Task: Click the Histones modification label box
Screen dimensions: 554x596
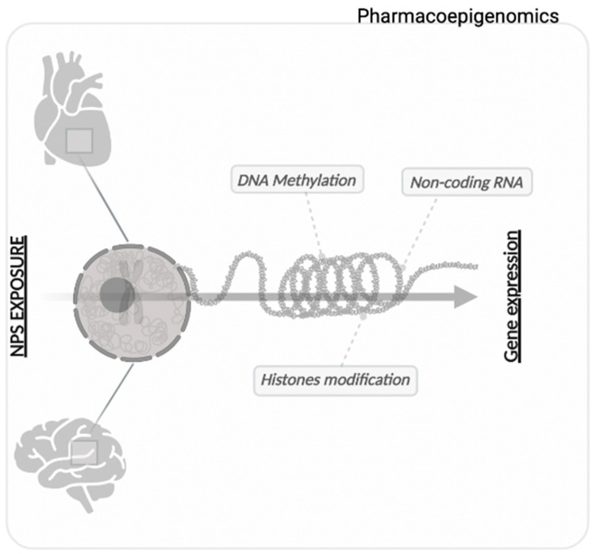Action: point(335,379)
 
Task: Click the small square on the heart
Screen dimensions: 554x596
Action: point(80,141)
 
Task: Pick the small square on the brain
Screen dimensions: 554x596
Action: point(83,452)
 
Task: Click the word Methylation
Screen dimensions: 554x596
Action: point(325,181)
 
